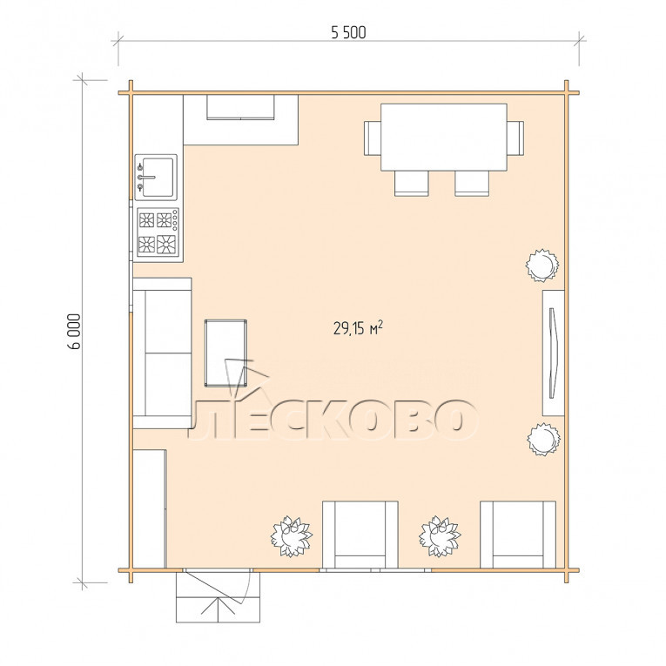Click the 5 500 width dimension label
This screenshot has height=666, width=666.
click(348, 33)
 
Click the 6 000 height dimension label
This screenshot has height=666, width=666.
click(74, 332)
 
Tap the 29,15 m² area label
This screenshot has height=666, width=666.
click(358, 328)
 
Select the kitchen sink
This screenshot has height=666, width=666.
click(156, 177)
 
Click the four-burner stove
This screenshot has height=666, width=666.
click(158, 232)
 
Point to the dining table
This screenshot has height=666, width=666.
click(444, 137)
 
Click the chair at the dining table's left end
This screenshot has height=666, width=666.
click(373, 138)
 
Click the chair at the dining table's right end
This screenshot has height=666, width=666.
click(515, 138)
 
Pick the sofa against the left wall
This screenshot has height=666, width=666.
click(162, 353)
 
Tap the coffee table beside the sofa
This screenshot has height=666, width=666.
click(225, 353)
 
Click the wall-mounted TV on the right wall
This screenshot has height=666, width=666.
click(552, 353)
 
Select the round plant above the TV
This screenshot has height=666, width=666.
click(542, 266)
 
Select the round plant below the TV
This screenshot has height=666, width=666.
click(543, 439)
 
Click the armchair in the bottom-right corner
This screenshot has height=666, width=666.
click(518, 535)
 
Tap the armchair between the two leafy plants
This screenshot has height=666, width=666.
click(360, 535)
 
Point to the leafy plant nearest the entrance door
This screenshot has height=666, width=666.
click(292, 536)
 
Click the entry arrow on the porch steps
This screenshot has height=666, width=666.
click(218, 605)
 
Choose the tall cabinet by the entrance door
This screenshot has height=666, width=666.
click(150, 508)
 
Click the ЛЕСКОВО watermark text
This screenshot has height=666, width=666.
click(333, 420)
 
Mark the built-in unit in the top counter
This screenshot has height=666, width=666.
click(240, 107)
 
